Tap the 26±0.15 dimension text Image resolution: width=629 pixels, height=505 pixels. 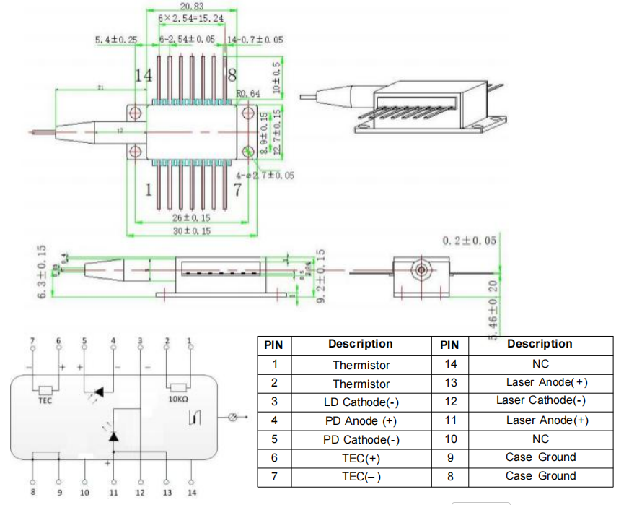[x=190, y=217]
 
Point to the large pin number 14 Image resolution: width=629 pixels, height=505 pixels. [x=144, y=75]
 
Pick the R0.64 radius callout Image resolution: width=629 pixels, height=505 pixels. [x=248, y=94]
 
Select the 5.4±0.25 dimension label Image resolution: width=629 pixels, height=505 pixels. [x=115, y=40]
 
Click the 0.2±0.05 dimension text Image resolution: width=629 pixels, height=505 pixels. [x=469, y=240]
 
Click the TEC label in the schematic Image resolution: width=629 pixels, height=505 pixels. [x=45, y=399]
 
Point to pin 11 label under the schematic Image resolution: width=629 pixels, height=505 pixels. [x=113, y=493]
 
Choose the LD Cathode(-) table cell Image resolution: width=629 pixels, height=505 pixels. [x=361, y=402]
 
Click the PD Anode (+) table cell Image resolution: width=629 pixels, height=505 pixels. [x=361, y=421]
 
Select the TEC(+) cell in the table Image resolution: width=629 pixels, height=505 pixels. [x=361, y=459]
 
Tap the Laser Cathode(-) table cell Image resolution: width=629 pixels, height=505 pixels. [x=540, y=400]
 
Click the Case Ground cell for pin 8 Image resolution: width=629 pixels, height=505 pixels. [x=540, y=476]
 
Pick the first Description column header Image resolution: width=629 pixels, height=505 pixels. [x=361, y=345]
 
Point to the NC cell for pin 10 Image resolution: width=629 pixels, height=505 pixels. [x=540, y=439]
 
